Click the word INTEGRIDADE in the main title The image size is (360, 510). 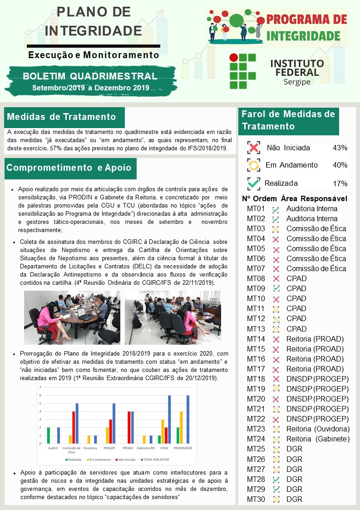94,30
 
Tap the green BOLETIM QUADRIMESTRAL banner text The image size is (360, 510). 90,76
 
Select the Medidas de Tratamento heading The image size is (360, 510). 62,117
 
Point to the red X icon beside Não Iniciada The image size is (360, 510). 254,148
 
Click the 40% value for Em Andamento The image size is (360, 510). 340,165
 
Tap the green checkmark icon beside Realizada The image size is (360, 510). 254,183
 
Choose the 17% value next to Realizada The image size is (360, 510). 340,183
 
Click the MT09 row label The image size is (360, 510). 256,288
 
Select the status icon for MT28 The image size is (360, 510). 276,480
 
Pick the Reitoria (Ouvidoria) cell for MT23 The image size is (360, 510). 318,429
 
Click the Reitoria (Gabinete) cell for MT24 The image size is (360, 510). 318,439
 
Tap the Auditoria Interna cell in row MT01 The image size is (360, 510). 311,209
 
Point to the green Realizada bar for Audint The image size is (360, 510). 49,435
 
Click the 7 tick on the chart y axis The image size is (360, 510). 40,387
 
